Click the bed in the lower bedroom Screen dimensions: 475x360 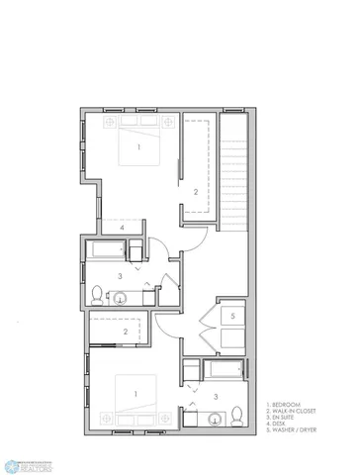137,396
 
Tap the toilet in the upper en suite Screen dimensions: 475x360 98,294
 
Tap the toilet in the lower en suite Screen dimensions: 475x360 238,414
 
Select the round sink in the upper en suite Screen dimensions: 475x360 121,297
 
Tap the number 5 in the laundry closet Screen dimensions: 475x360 232,317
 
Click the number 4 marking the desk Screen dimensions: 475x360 122,228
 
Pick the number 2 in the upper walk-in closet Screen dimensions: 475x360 196,191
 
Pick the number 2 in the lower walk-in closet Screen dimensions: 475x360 125,332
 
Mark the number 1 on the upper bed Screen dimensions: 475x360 138,147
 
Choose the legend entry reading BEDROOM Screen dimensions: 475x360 287,406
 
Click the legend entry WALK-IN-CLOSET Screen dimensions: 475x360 292,412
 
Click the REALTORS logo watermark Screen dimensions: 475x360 29,463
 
